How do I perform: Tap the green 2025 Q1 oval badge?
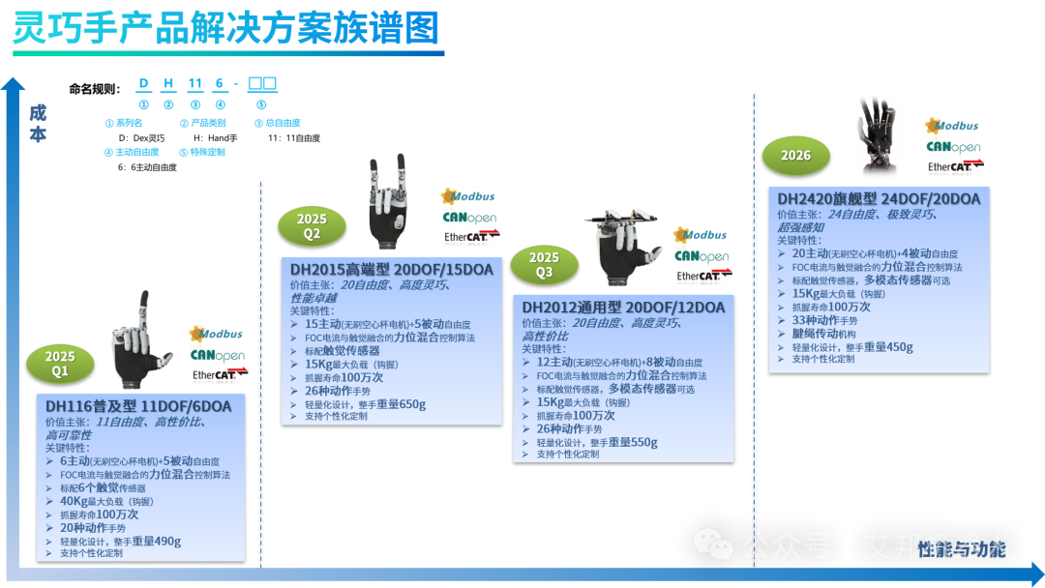[60, 363]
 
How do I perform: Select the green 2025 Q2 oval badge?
[312, 225]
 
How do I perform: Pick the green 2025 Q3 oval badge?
[544, 264]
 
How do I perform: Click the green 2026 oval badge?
[795, 155]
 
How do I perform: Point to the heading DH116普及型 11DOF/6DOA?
[138, 406]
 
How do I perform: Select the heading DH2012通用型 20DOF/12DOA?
[623, 308]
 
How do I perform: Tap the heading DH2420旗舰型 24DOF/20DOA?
[879, 198]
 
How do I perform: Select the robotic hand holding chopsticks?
[621, 248]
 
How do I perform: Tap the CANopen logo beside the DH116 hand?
[218, 356]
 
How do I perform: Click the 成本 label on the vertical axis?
[37, 123]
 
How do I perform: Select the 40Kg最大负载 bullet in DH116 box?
[106, 501]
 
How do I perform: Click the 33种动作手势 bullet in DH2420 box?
[831, 320]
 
